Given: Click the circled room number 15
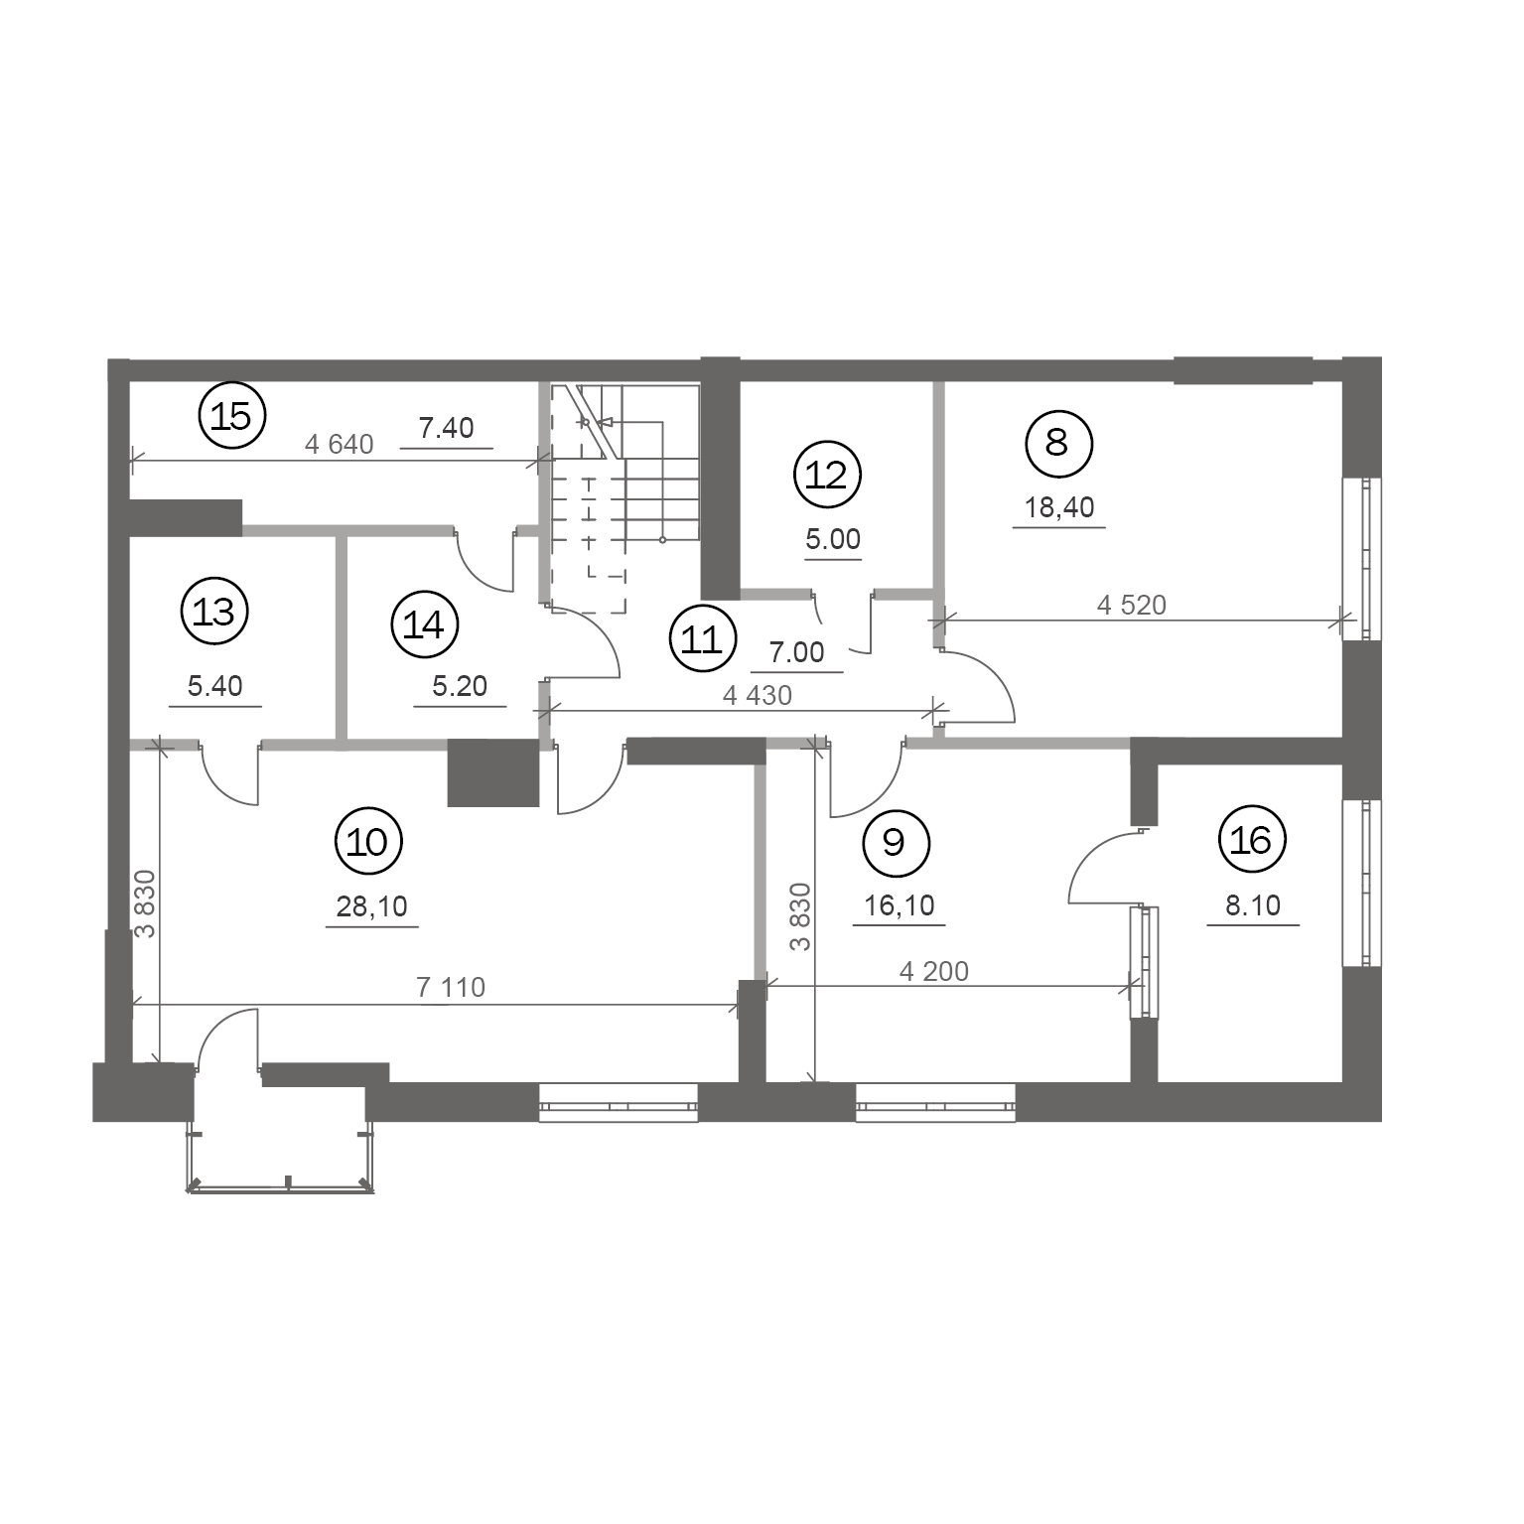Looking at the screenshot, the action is click(x=232, y=416).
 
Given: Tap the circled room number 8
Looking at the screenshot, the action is click(x=1057, y=442).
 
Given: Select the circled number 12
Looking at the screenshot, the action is click(x=828, y=476).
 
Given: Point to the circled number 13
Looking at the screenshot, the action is click(x=213, y=612).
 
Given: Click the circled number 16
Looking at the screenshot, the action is click(x=1251, y=841).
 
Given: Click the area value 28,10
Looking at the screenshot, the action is click(x=372, y=906).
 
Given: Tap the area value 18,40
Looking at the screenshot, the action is click(x=1059, y=507).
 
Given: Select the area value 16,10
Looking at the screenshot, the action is click(x=900, y=905).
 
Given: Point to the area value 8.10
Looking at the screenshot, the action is click(x=1253, y=905).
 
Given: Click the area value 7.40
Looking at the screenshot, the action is click(x=446, y=428).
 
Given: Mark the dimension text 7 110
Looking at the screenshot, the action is click(x=451, y=987).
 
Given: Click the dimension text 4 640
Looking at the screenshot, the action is click(x=339, y=444).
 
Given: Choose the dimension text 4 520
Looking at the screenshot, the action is click(x=1131, y=605).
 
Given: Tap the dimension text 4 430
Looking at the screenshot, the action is click(x=758, y=696).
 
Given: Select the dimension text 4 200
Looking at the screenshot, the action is click(x=933, y=971).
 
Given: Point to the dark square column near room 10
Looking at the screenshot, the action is click(x=493, y=772).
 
